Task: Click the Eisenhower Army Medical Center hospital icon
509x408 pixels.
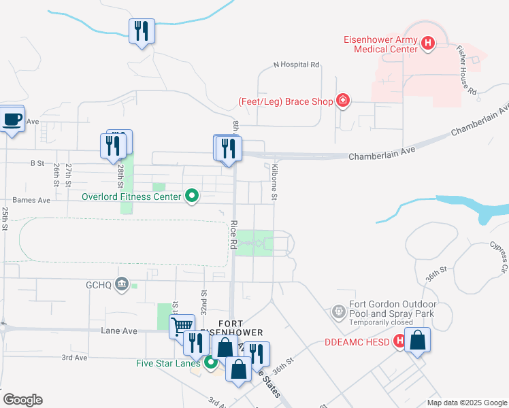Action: (x=428, y=44)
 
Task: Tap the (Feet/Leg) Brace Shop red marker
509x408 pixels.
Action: (x=344, y=101)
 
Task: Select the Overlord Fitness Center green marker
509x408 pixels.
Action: (x=192, y=197)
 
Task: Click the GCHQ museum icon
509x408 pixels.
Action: (x=122, y=284)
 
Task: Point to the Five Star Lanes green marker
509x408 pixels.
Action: (x=211, y=362)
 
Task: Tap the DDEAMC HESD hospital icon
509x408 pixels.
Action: (x=400, y=341)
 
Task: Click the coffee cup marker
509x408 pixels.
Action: (x=12, y=120)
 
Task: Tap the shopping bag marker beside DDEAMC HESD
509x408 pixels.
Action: (x=418, y=340)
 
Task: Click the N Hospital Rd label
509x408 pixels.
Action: (x=296, y=65)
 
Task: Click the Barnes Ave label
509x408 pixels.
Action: (x=32, y=201)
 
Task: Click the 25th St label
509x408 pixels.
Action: (x=5, y=219)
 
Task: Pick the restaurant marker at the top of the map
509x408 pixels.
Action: (x=142, y=31)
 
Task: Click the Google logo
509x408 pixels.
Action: (x=22, y=400)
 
